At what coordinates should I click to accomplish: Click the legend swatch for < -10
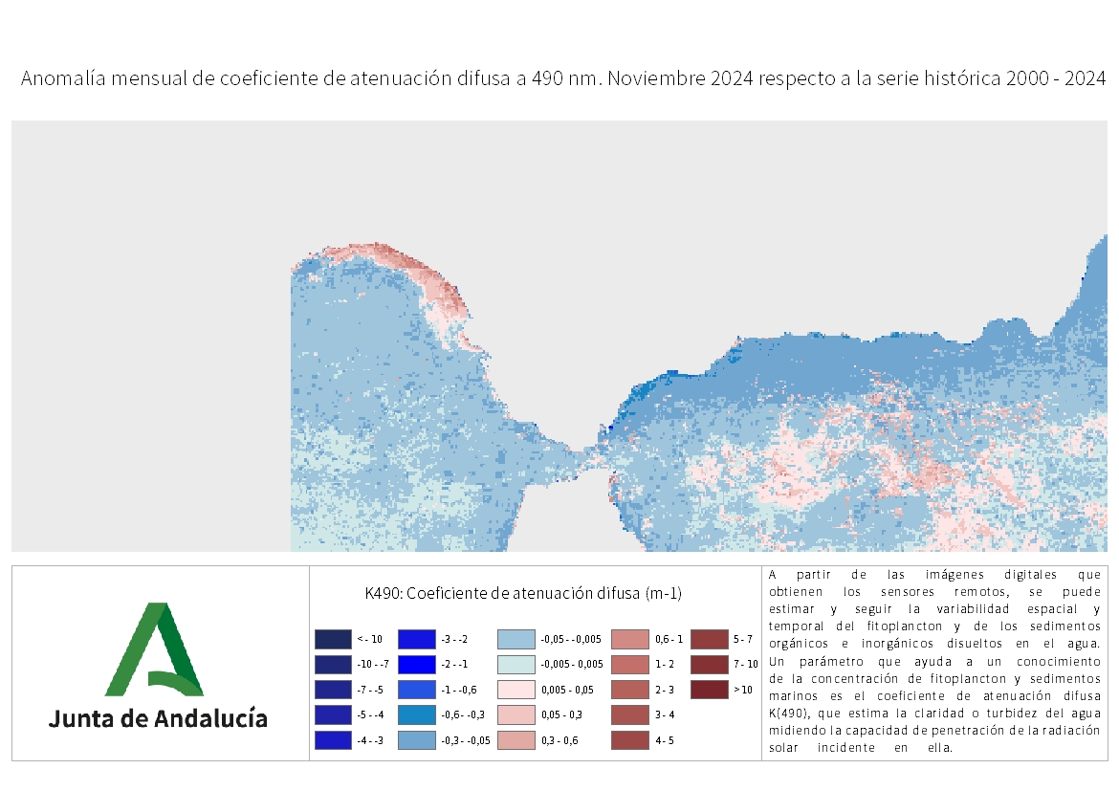click(x=333, y=639)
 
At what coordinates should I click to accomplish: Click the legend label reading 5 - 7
click(x=743, y=639)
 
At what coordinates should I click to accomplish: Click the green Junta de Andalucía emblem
click(x=153, y=649)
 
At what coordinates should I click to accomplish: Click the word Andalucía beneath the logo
click(x=211, y=718)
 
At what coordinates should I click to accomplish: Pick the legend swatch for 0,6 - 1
click(x=629, y=639)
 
